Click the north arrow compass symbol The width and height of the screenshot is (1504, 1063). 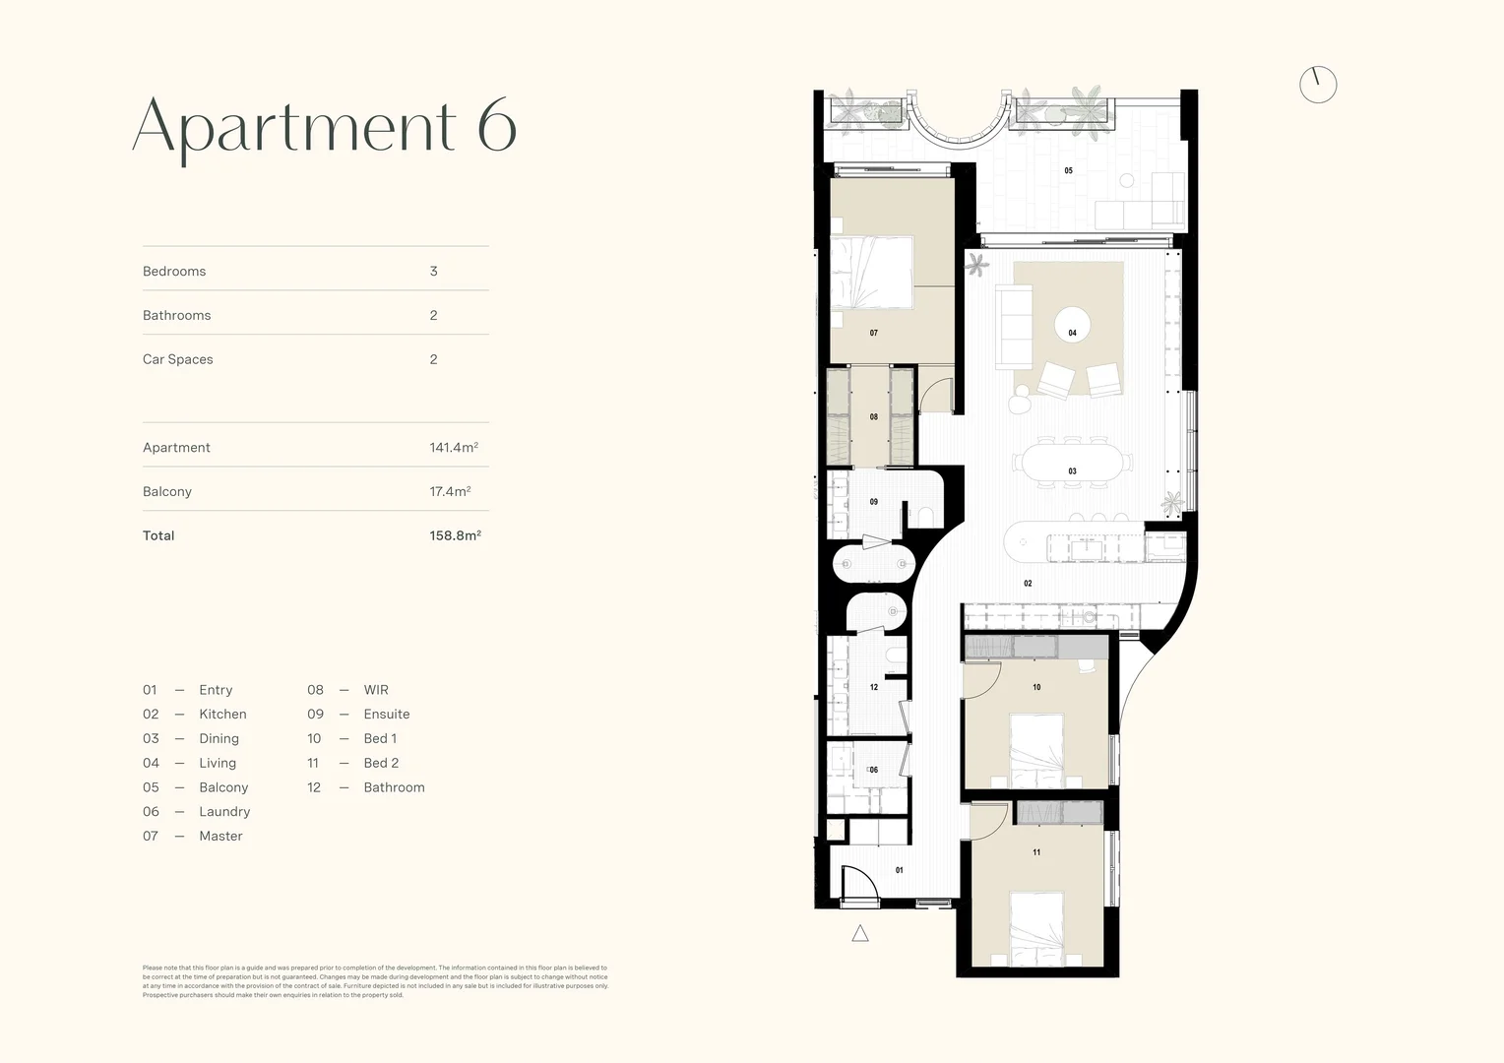pos(1318,85)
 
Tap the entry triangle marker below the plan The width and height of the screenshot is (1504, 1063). pos(860,934)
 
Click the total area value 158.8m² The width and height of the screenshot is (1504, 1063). pos(455,535)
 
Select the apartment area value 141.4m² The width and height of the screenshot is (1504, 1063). pos(454,447)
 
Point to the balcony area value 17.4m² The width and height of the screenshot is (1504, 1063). pos(450,491)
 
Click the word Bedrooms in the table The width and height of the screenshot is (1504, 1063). pos(174,272)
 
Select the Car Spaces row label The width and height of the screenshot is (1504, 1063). pos(178,359)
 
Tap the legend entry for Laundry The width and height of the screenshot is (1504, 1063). pos(224,812)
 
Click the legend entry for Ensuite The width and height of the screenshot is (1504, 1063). pos(386,715)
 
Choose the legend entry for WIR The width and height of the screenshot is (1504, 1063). pos(376,690)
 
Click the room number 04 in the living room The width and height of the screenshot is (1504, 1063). pos(1072,333)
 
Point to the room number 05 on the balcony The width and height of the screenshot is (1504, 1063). pos(1068,171)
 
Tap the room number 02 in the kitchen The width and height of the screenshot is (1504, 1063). pos(1028,584)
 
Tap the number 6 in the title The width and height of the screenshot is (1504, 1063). pos(497,126)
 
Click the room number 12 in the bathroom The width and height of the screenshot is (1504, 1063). pos(874,687)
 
